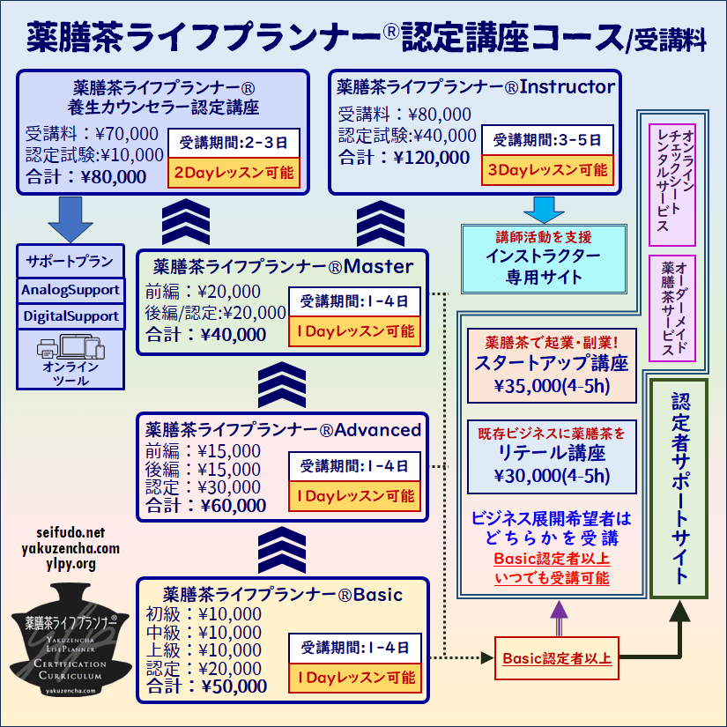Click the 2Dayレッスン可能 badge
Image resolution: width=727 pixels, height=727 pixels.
[234, 172]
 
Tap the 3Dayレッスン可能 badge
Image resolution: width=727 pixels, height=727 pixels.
[545, 170]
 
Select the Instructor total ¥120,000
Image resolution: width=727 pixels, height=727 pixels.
[404, 158]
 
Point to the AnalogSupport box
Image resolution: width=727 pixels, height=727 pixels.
[70, 290]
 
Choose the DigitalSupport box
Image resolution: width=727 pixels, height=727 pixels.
[70, 316]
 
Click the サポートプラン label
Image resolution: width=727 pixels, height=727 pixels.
[70, 262]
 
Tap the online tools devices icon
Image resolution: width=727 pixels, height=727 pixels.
[70, 347]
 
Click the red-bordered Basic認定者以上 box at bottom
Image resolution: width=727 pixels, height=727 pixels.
[557, 658]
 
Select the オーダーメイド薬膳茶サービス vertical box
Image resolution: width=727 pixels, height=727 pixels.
[671, 308]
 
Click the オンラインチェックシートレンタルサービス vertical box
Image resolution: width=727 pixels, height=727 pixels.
[671, 184]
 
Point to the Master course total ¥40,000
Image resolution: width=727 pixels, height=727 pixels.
[206, 334]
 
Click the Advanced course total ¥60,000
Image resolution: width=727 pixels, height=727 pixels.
[206, 506]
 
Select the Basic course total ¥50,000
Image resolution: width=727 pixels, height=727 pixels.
[208, 686]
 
